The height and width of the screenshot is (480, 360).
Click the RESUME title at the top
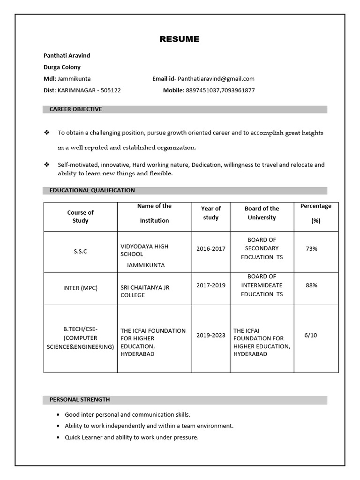[179, 39]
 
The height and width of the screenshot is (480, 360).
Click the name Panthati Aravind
[67, 55]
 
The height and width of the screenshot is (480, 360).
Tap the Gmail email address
[216, 79]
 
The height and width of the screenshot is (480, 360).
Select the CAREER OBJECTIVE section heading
[75, 109]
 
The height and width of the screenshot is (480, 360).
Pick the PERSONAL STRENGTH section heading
[80, 400]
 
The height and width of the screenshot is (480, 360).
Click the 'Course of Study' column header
[80, 217]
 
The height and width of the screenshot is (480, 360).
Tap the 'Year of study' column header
[211, 213]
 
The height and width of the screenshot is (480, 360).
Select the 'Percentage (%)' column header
[315, 213]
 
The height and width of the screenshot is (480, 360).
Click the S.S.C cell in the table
[80, 251]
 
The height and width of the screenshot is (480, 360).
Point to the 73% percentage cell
[311, 249]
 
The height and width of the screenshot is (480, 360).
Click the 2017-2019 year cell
[211, 285]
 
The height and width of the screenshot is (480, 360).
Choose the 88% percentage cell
[311, 285]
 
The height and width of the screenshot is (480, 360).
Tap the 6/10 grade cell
[311, 335]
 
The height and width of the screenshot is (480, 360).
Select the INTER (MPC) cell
[80, 288]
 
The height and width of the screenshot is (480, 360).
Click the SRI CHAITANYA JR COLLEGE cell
[145, 291]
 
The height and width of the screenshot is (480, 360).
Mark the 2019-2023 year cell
[211, 335]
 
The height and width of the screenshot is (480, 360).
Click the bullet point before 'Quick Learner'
[58, 438]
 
